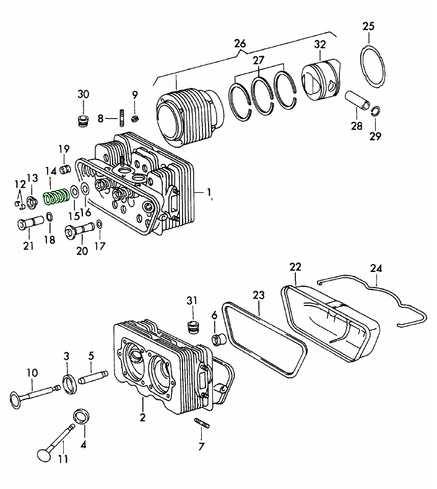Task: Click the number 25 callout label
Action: pos(368,26)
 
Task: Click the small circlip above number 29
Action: pos(375,111)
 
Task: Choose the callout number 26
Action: pos(240,44)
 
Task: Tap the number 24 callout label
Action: pos(376,268)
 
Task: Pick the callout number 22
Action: pos(295,266)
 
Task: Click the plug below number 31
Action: pos(192,326)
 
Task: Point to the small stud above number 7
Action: pos(202,423)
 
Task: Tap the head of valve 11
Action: pos(44,456)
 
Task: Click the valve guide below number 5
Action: pos(94,376)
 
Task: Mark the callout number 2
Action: pos(142,418)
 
